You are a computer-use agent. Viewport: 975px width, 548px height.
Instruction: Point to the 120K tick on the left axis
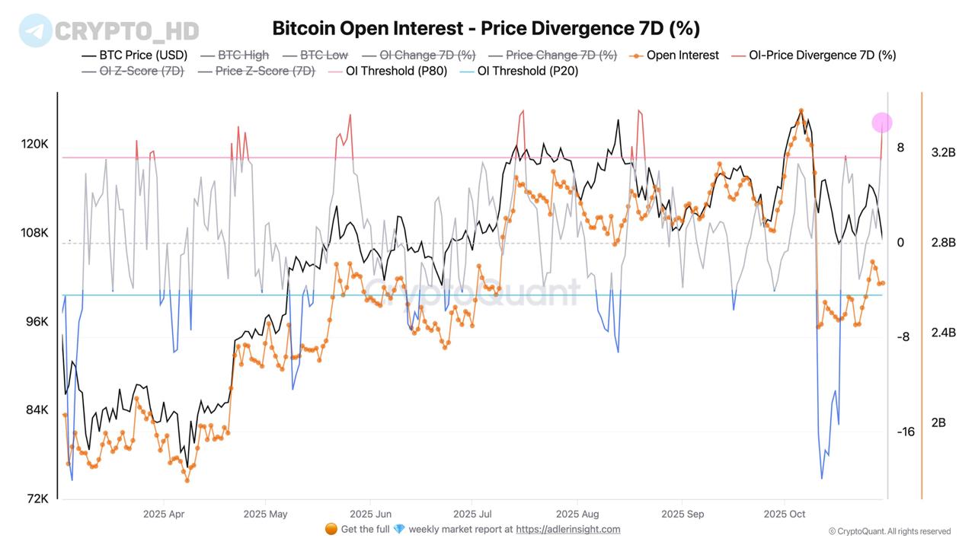pos(34,144)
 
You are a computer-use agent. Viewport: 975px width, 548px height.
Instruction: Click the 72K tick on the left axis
pos(37,499)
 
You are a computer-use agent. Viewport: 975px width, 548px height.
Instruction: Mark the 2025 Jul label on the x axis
pos(472,514)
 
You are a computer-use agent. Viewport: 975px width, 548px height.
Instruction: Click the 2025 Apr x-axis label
pos(163,514)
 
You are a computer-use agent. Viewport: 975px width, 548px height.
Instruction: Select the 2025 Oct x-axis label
pos(785,514)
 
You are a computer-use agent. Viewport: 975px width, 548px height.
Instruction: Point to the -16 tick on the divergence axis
pos(905,432)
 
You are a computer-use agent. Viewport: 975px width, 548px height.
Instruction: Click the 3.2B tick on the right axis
pos(943,152)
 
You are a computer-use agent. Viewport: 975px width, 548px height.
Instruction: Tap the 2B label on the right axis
pos(938,422)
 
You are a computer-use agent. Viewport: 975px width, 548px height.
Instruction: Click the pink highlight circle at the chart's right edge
pos(881,123)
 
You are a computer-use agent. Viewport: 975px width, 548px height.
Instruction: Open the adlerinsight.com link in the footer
pos(568,529)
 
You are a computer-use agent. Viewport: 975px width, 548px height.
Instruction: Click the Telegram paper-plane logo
pos(36,30)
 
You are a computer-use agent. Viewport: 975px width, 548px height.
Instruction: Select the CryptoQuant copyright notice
pos(889,531)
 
